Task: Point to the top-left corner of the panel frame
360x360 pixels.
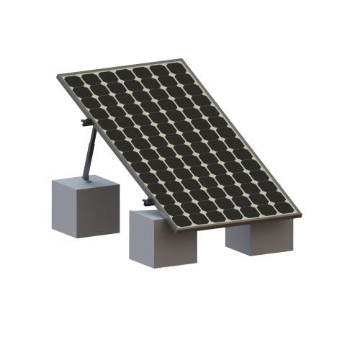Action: pyautogui.click(x=60, y=75)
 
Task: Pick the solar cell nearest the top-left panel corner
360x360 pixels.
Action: pyautogui.click(x=72, y=79)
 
